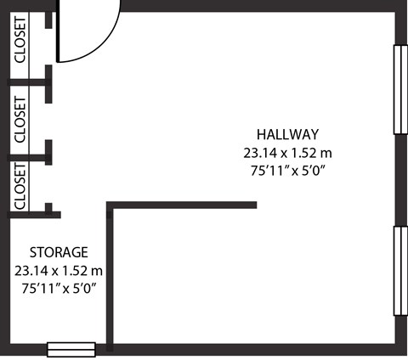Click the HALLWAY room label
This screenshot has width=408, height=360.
click(287, 134)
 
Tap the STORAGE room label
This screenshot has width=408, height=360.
click(59, 252)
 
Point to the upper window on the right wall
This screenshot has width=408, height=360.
click(399, 89)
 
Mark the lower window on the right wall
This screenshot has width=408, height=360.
click(399, 271)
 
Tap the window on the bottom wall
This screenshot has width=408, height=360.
click(71, 349)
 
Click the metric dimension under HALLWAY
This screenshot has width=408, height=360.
click(287, 153)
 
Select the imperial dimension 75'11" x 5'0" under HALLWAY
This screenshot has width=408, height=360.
click(287, 171)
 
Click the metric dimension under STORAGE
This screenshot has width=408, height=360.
click(59, 271)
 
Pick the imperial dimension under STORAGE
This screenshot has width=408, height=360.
click(59, 289)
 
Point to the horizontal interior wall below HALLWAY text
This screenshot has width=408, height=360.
click(183, 205)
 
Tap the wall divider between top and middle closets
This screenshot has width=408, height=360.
click(31, 82)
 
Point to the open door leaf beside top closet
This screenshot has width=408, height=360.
click(58, 34)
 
